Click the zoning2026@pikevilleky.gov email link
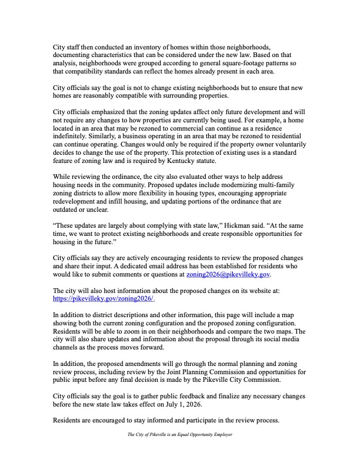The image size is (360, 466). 228,274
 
